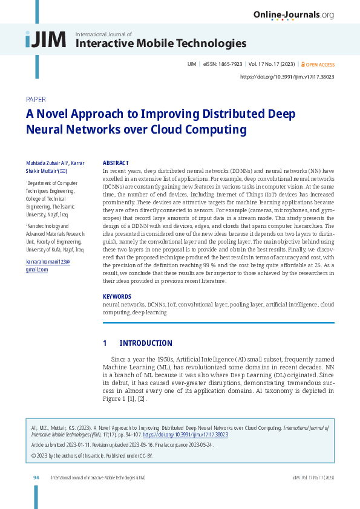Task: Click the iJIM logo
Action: point(45,40)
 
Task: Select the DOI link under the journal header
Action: point(287,77)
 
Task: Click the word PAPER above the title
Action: point(36,100)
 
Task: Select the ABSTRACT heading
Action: point(116,163)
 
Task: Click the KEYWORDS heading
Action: point(117,297)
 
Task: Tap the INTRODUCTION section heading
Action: point(146,343)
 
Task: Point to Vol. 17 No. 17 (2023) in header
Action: point(271,64)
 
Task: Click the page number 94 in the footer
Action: point(36,478)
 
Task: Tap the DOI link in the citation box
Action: point(194,435)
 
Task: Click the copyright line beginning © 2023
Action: point(91,455)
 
